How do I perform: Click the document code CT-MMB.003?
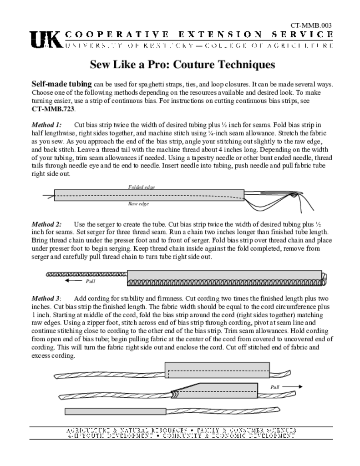[311, 25]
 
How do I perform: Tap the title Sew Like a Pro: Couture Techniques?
[182, 64]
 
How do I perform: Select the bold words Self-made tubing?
[61, 85]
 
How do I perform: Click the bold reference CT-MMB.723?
[53, 109]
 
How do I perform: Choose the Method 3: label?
[46, 299]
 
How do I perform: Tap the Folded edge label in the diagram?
[141, 187]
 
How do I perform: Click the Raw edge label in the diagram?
[138, 204]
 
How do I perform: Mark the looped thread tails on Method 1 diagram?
[291, 200]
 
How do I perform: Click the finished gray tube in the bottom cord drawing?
[115, 411]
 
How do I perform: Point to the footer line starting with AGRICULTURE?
[181, 430]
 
